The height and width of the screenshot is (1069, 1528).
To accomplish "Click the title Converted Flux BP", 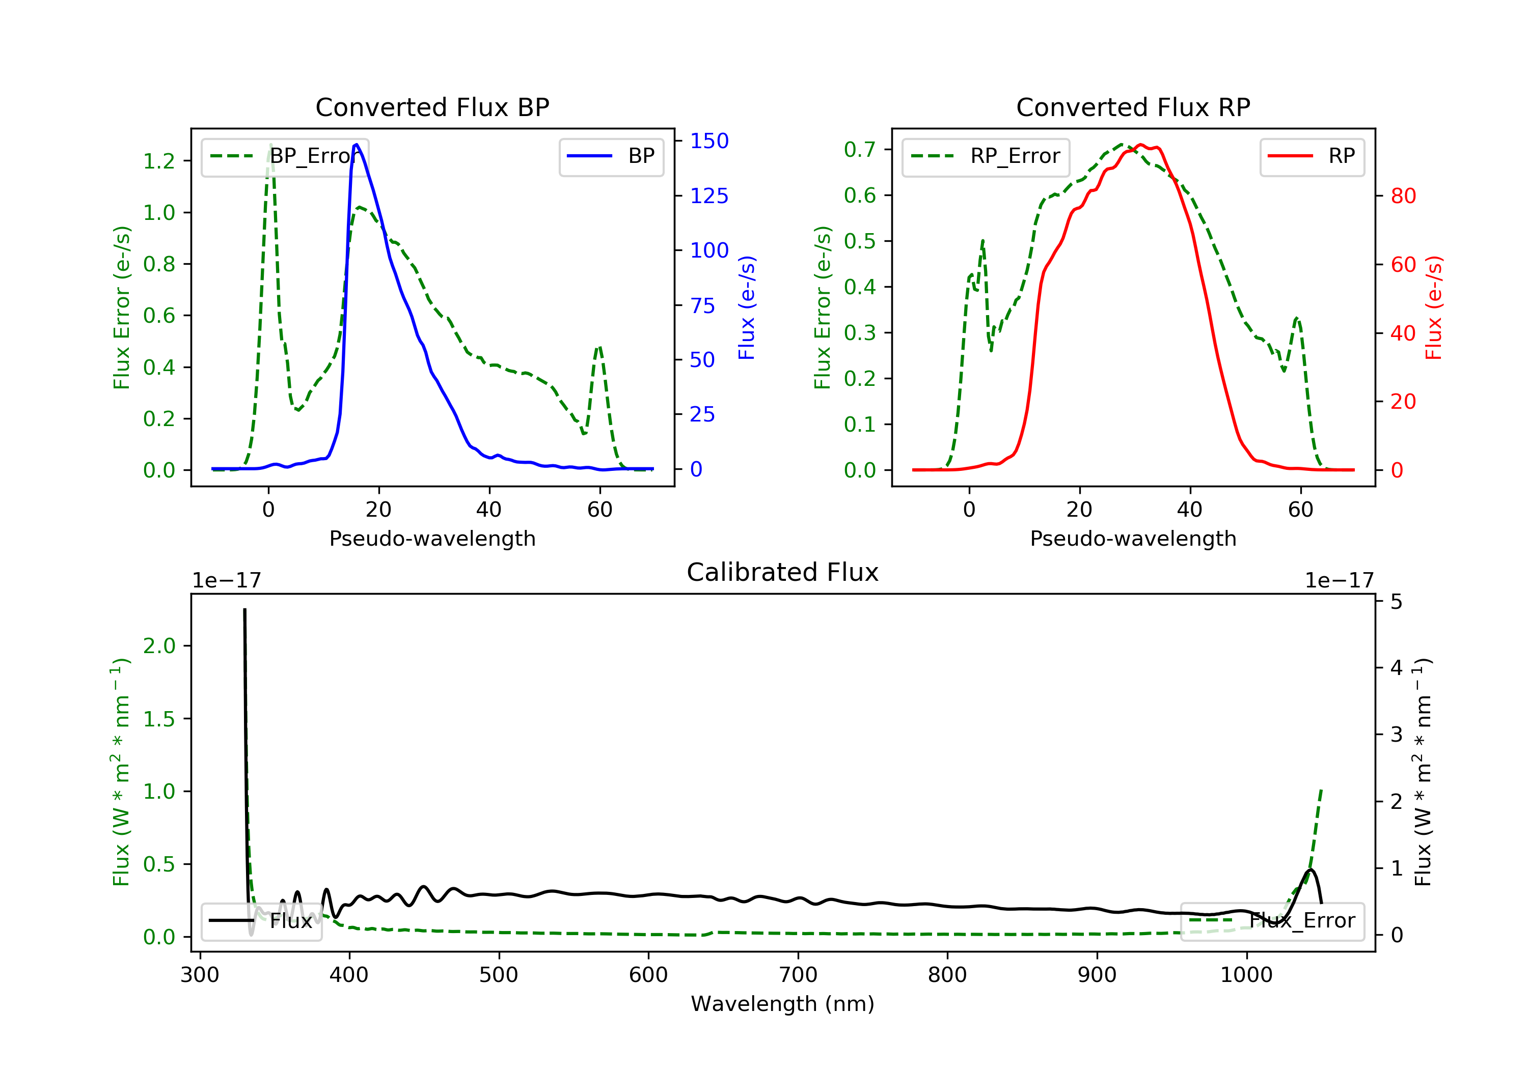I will tap(432, 107).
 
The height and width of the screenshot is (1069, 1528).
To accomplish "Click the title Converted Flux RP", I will tap(1133, 107).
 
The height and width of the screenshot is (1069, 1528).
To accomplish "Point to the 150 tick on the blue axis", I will tap(709, 141).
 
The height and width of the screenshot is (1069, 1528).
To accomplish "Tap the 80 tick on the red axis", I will tap(1403, 196).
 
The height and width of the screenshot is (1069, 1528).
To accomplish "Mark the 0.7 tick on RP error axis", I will tap(860, 150).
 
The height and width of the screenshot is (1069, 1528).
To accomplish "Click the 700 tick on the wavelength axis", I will tap(798, 975).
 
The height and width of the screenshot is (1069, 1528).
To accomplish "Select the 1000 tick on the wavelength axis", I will tap(1246, 975).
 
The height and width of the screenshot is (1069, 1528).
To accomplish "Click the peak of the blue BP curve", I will tap(357, 145).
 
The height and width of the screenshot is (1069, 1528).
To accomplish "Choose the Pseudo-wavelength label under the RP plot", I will tap(1133, 539).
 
